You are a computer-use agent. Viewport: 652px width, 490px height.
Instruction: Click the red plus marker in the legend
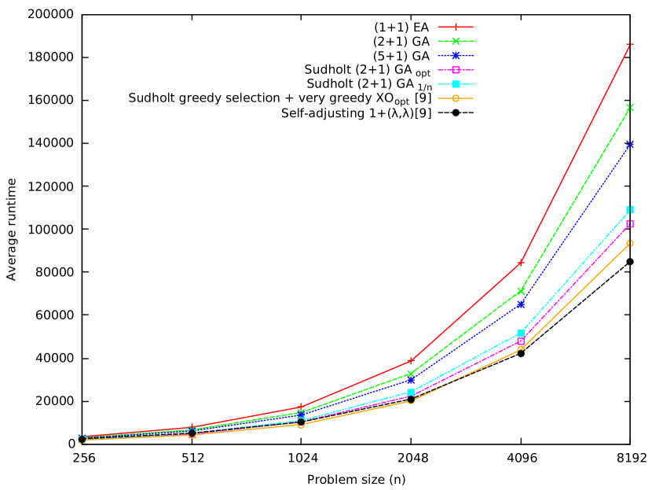tap(456, 27)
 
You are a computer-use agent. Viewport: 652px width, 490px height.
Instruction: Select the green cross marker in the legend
tap(456, 41)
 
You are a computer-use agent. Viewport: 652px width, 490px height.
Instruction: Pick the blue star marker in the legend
tap(456, 55)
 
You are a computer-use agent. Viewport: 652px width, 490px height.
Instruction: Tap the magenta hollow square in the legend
tap(456, 70)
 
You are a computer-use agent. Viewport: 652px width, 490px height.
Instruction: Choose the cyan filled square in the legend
tap(456, 84)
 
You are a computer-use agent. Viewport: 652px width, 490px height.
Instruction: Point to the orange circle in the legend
tap(456, 98)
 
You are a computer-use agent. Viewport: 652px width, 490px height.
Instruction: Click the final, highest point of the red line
tap(630, 45)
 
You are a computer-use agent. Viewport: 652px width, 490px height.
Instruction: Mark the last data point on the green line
tap(630, 108)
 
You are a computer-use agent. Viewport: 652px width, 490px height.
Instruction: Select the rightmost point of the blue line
tap(630, 145)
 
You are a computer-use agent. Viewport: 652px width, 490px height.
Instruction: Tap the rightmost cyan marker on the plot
tap(630, 209)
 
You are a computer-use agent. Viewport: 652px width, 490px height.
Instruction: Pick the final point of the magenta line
tap(630, 224)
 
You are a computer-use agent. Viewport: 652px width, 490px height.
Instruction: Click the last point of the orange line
tap(630, 243)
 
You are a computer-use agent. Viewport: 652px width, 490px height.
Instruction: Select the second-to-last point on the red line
tap(520, 263)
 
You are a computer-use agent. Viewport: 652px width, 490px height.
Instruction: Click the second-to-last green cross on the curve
tap(520, 291)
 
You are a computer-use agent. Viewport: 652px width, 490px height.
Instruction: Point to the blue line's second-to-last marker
tap(520, 304)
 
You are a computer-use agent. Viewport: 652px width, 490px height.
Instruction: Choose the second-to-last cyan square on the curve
tap(520, 333)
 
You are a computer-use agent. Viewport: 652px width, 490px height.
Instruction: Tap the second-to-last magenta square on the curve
tap(520, 341)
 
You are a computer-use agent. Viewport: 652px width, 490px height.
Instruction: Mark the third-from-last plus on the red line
tap(410, 361)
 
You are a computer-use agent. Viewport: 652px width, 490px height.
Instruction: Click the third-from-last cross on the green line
tap(410, 374)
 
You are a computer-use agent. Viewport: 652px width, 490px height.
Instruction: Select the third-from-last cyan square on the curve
tap(410, 392)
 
